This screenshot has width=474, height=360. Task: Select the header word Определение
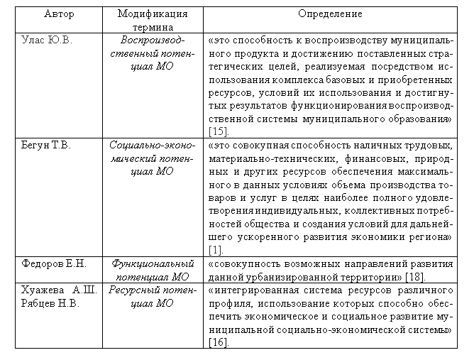click(x=331, y=14)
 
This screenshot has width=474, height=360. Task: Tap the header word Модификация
click(x=153, y=14)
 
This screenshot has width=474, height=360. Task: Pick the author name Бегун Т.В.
click(x=48, y=144)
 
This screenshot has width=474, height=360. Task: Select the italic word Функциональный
click(x=153, y=263)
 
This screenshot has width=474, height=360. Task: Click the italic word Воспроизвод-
click(x=153, y=40)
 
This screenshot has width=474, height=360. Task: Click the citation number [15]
click(x=218, y=132)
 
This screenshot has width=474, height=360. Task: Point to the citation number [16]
click(x=218, y=343)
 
